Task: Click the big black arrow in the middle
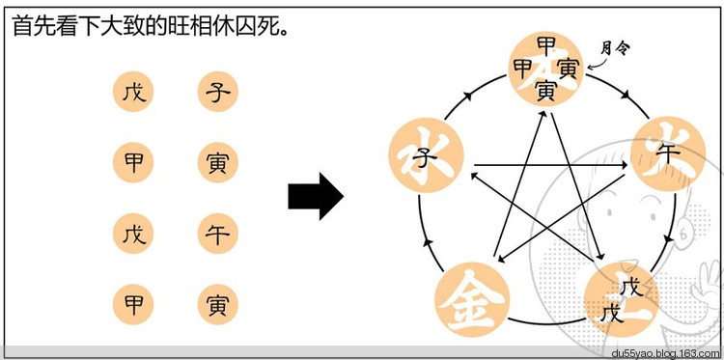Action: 316,197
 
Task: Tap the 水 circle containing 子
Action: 420,154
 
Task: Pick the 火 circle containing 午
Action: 664,153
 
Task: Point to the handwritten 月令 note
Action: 615,45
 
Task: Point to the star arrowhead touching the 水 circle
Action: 473,177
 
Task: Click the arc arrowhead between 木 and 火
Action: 627,97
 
